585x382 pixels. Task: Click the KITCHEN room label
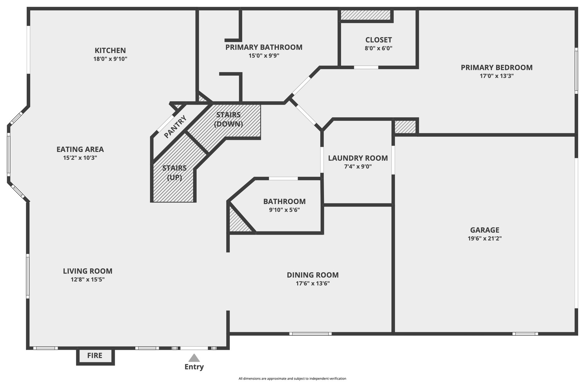pos(110,51)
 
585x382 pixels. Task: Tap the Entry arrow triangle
pos(194,358)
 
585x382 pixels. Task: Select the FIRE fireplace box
pos(95,357)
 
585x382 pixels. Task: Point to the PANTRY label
pos(175,127)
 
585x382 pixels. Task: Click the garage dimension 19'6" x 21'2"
pos(485,238)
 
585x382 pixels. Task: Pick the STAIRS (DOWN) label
pos(228,119)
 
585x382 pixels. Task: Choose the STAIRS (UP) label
pos(175,173)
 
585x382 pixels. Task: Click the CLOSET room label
pos(379,40)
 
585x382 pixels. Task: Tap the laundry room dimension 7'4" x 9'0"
pos(358,167)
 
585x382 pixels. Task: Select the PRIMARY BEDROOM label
pos(497,68)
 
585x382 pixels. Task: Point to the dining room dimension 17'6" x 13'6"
pos(312,284)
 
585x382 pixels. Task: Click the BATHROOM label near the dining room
pos(285,202)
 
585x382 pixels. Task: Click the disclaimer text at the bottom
pos(292,378)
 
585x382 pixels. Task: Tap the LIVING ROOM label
pos(88,271)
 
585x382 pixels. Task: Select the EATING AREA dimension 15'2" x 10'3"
pos(80,158)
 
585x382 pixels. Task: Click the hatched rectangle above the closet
pos(365,15)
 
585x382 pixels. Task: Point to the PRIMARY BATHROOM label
pos(264,47)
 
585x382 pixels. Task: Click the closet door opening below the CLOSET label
pos(366,68)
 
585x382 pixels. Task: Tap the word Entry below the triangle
pos(194,367)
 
